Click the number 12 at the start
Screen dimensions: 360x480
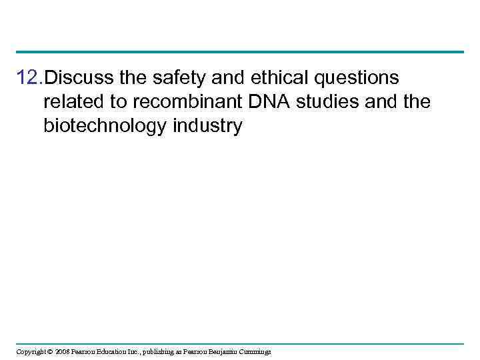coord(28,79)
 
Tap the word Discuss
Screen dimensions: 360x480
coord(79,79)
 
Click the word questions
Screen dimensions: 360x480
coord(357,79)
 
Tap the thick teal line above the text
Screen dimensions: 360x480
coord(240,52)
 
